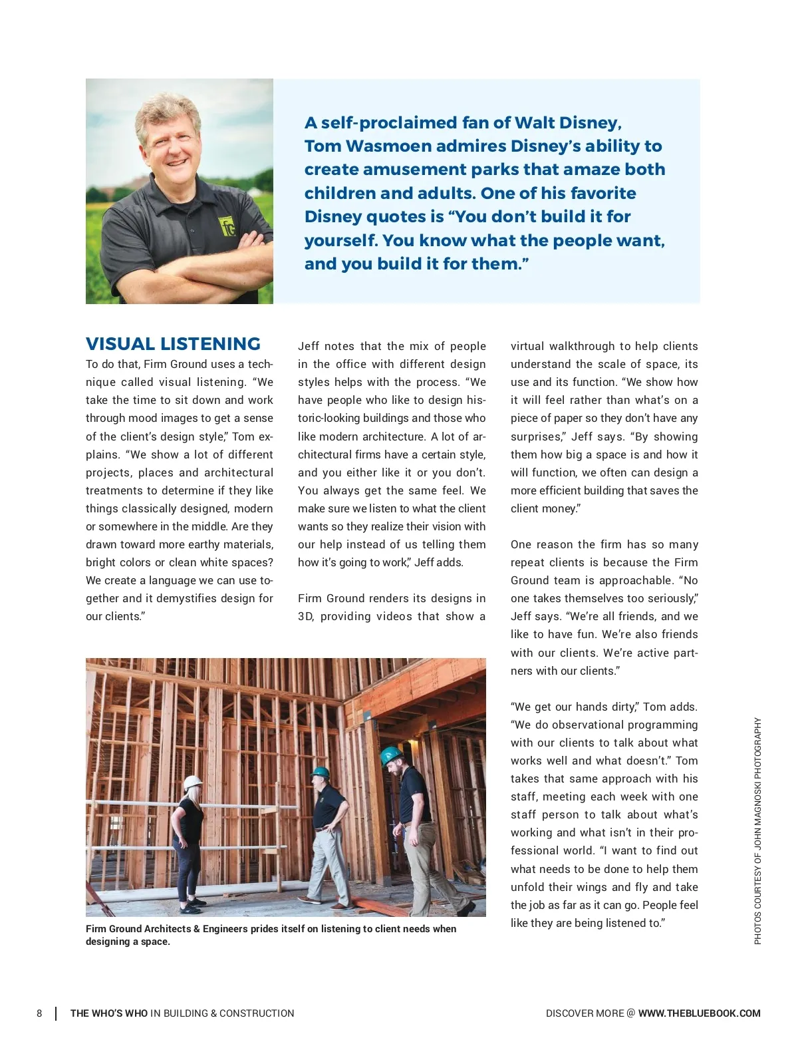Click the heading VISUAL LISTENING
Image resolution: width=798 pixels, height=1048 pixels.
coord(173,344)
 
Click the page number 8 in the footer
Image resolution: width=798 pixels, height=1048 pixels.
coord(39,1013)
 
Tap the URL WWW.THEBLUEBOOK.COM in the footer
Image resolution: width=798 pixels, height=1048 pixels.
coord(699,1013)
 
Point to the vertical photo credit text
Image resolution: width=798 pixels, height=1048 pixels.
coord(757,830)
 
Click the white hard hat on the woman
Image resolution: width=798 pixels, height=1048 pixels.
coord(193,782)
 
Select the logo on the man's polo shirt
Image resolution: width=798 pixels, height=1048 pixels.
coord(228,227)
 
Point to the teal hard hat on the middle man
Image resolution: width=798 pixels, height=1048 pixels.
coord(321,773)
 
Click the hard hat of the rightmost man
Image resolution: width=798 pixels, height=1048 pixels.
coord(392,755)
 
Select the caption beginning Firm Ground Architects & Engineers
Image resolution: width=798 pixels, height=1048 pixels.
coord(271,935)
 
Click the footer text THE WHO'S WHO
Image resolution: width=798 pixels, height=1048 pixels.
coord(109,1013)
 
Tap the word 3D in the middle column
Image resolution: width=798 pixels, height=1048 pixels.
coord(305,617)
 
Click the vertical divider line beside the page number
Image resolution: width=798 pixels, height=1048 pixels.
coord(55,1013)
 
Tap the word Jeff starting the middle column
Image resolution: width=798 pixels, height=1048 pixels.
coord(309,347)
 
